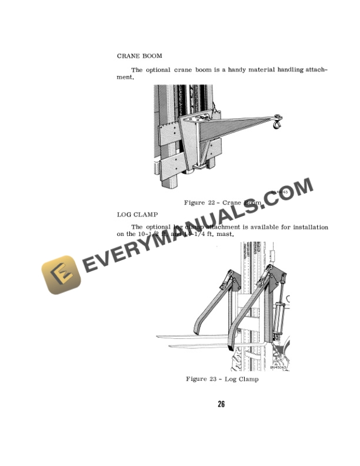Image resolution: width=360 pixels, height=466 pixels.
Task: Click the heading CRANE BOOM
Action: coord(139,56)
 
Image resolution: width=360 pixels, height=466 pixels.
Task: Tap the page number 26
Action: coord(221,404)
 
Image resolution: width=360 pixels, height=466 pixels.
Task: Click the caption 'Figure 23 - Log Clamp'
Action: coord(222,379)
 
